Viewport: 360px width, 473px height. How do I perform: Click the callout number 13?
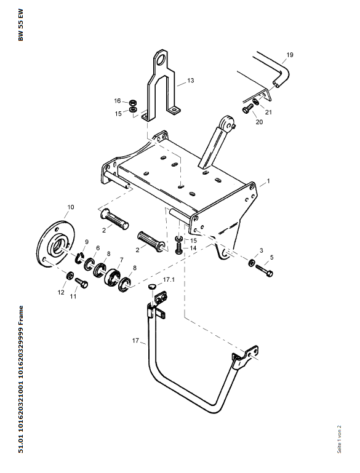tap(190, 81)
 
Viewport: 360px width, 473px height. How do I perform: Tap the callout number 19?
tap(290, 55)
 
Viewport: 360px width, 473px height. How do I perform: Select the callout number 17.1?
tap(169, 280)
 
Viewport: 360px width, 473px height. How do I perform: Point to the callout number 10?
tap(70, 207)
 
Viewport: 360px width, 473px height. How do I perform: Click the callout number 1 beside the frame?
tap(268, 181)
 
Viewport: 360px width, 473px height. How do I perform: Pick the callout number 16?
tap(118, 101)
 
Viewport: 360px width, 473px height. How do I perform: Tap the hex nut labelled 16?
tap(132, 102)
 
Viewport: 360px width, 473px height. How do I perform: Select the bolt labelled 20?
tap(248, 108)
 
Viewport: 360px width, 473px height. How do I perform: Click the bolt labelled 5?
tap(265, 270)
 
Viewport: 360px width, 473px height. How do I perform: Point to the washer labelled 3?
tap(251, 263)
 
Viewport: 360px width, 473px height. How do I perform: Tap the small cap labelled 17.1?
tap(152, 286)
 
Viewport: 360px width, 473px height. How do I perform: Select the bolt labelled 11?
tap(81, 283)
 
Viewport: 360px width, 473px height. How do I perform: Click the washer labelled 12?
tap(70, 275)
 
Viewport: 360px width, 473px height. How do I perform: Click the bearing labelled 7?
tap(112, 276)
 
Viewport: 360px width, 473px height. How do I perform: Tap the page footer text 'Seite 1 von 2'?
tap(339, 439)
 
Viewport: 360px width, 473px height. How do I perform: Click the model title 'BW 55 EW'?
tap(20, 25)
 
